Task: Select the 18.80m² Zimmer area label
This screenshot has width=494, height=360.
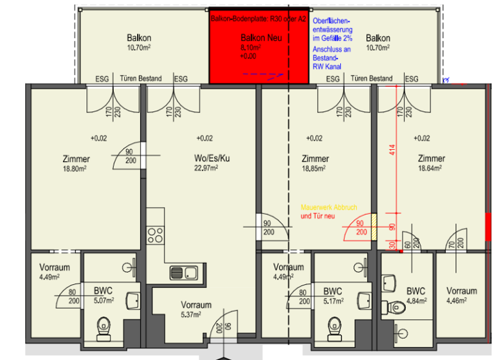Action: pyautogui.click(x=76, y=168)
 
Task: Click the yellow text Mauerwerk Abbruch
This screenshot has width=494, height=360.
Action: pyautogui.click(x=328, y=208)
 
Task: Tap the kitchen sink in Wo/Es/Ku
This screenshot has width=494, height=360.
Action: pyautogui.click(x=185, y=273)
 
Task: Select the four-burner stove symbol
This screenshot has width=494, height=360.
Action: pyautogui.click(x=155, y=235)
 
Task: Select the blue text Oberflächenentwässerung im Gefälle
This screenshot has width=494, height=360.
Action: pyautogui.click(x=331, y=31)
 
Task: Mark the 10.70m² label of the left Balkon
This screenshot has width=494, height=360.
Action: pyautogui.click(x=138, y=47)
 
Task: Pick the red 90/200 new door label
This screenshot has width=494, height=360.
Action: pyautogui.click(x=361, y=228)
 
